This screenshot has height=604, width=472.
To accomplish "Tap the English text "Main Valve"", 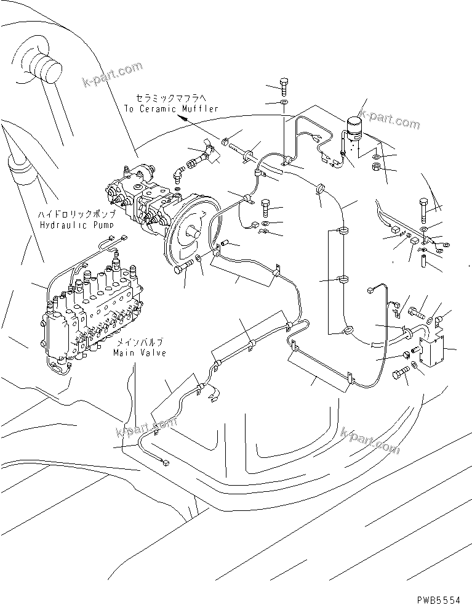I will click(138, 353).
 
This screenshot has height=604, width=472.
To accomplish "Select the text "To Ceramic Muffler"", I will click(170, 108).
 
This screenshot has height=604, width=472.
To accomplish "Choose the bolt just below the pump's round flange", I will click(185, 267).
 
